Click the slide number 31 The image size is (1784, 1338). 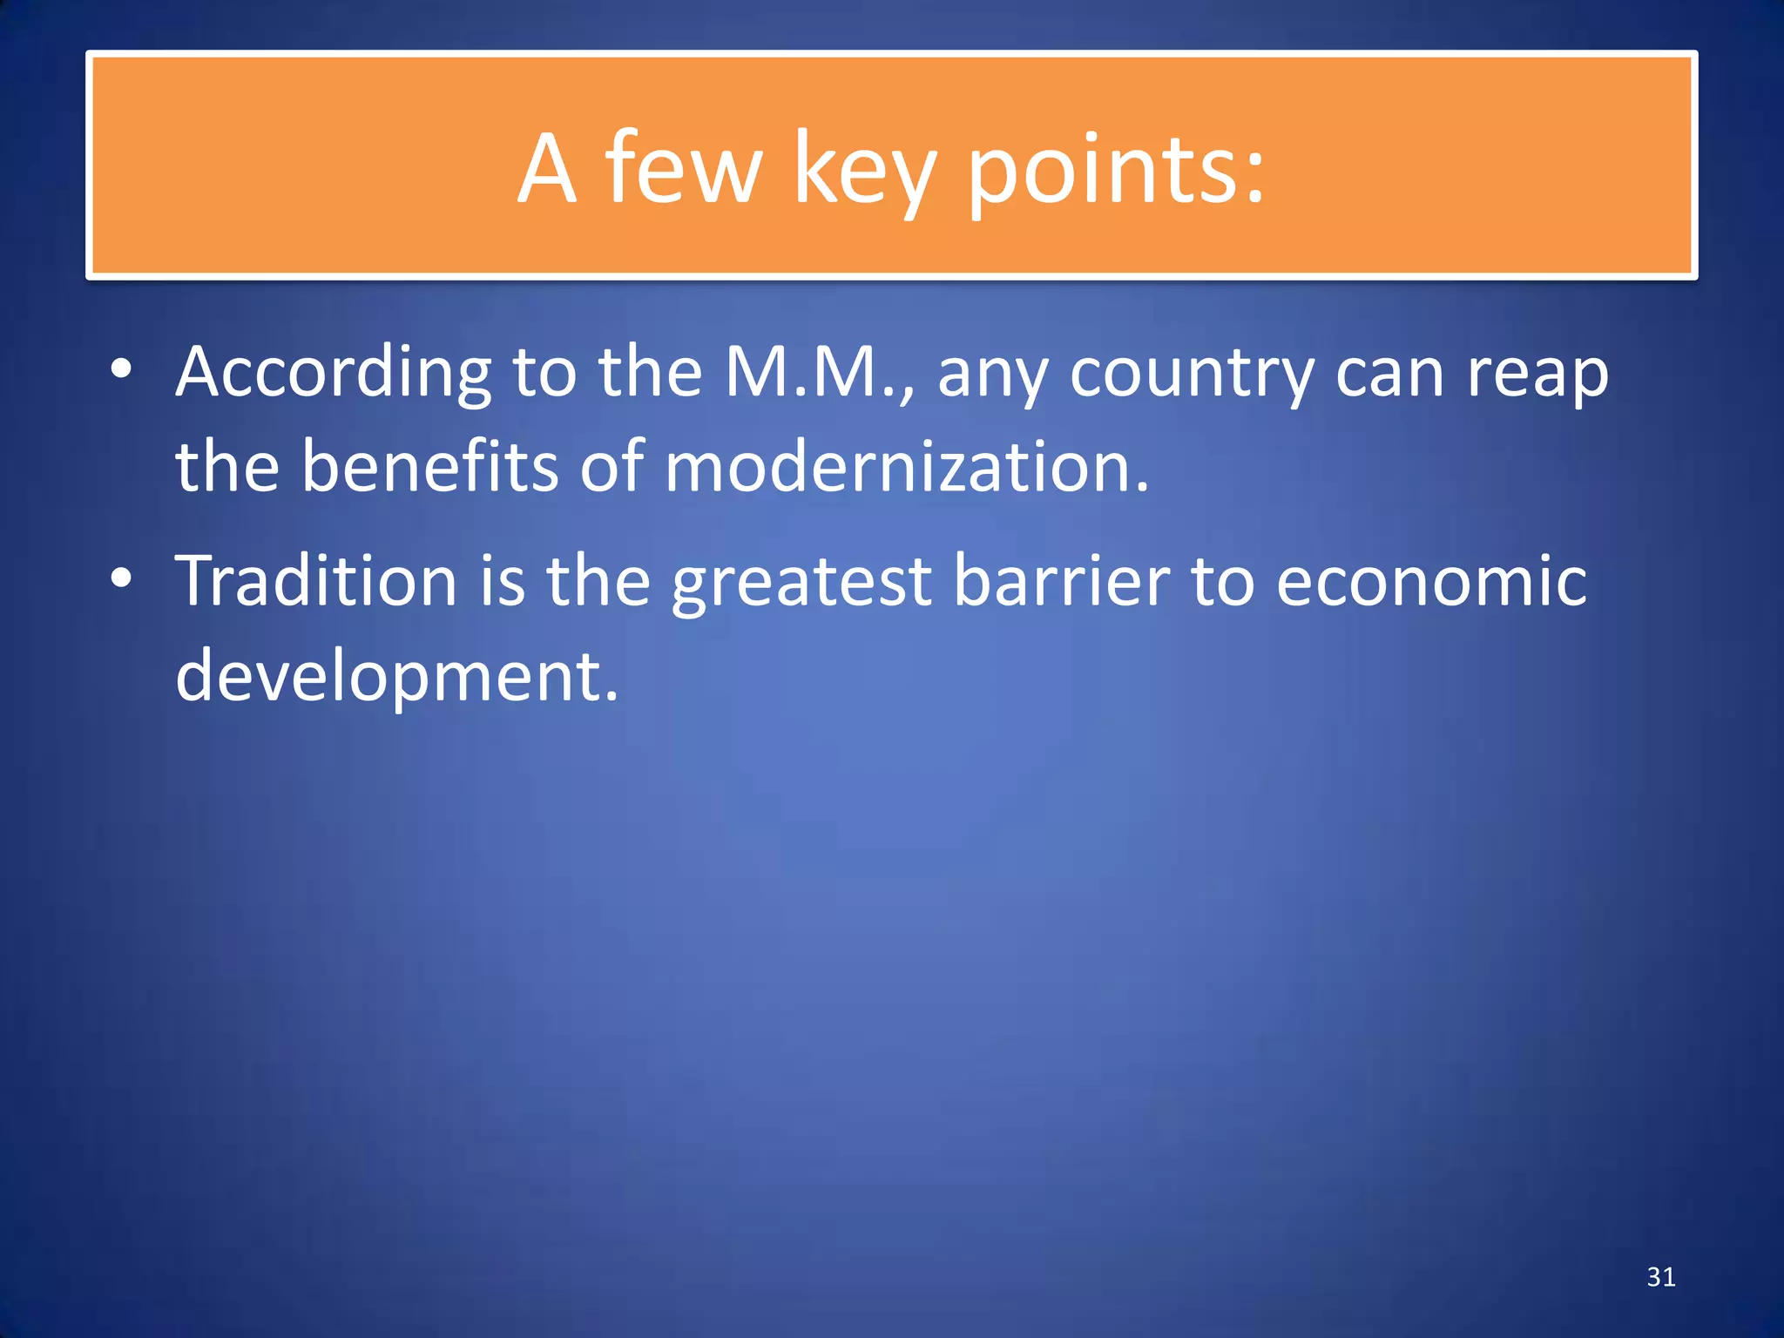(1661, 1277)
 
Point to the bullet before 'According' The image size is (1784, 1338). (121, 369)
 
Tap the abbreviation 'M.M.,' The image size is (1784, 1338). (820, 372)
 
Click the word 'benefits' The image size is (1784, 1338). (429, 466)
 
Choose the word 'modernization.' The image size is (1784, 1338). (907, 466)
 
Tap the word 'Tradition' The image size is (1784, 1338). (316, 581)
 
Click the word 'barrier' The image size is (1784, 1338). (1061, 581)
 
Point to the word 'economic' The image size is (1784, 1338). (1431, 581)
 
